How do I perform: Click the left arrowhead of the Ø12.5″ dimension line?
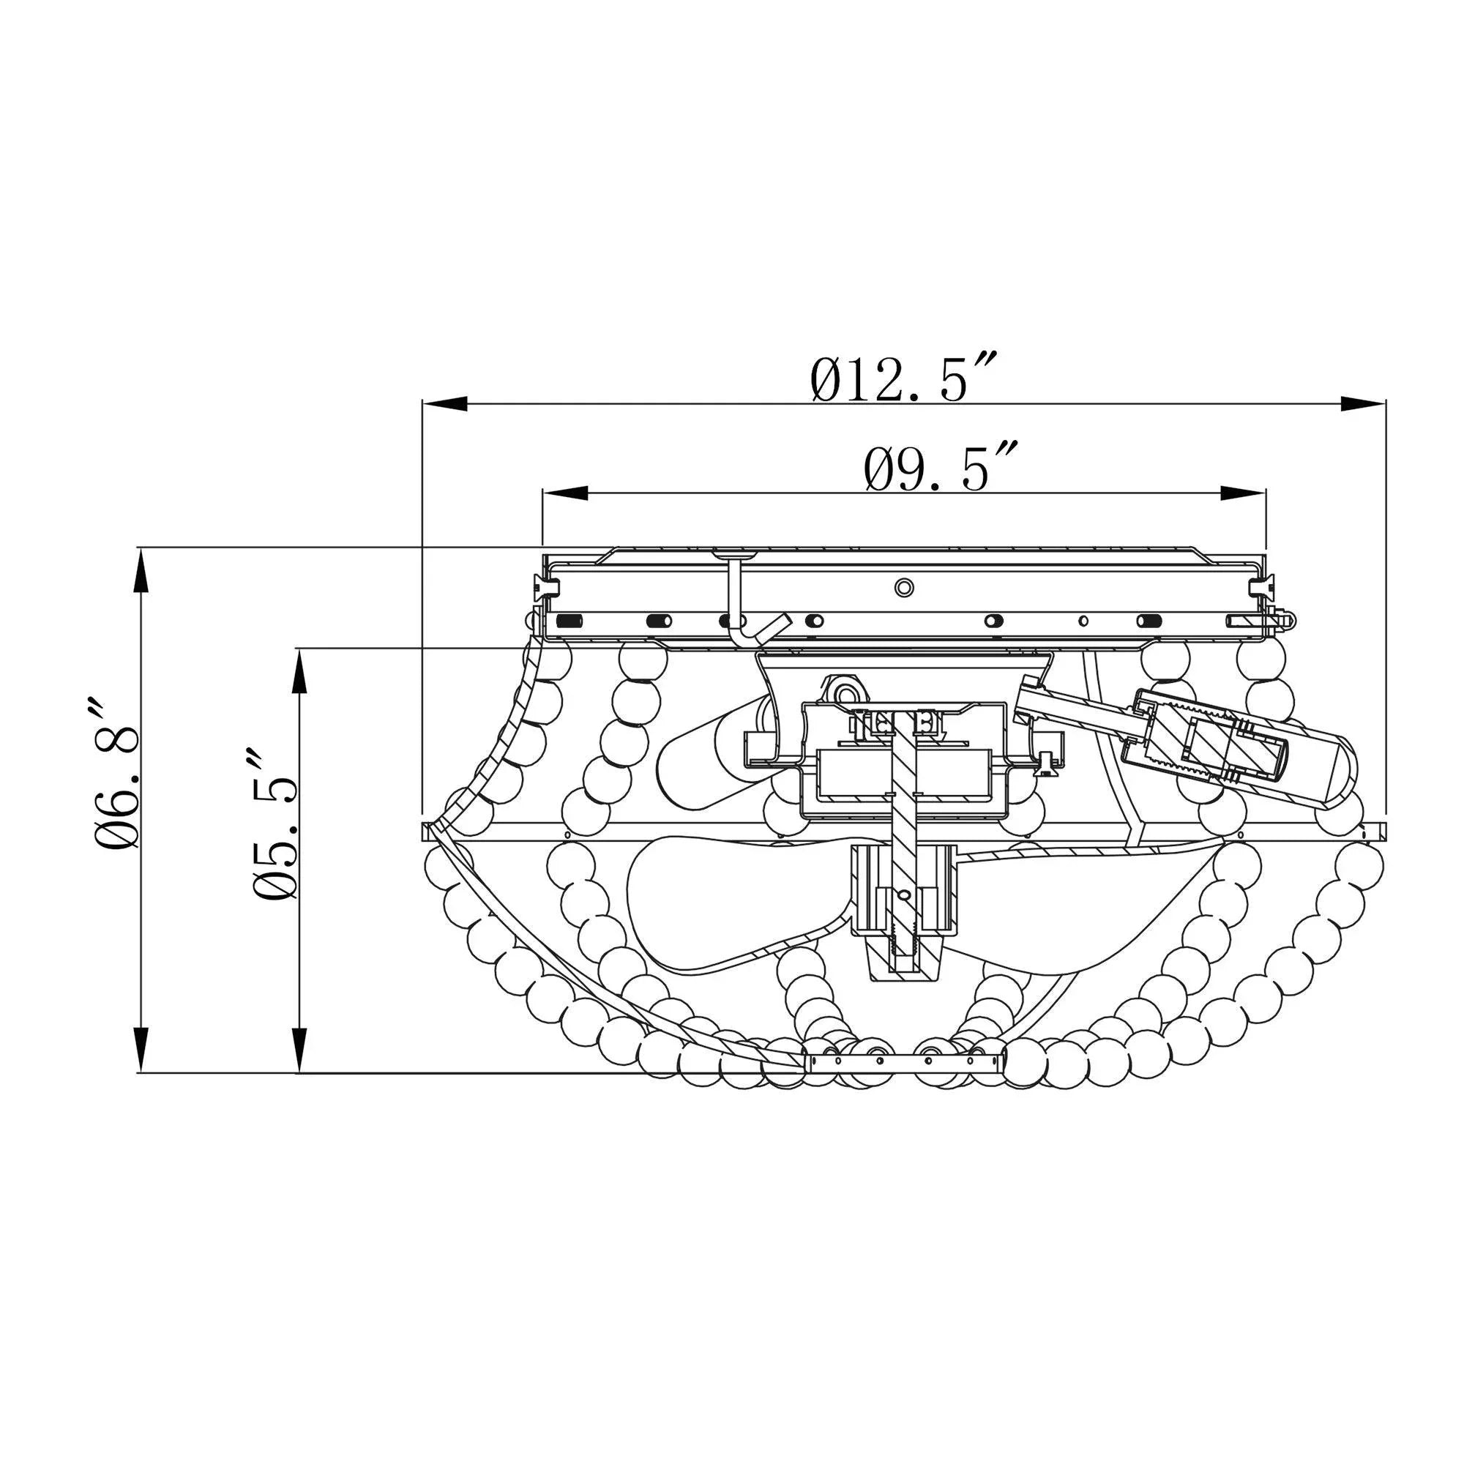(445, 404)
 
